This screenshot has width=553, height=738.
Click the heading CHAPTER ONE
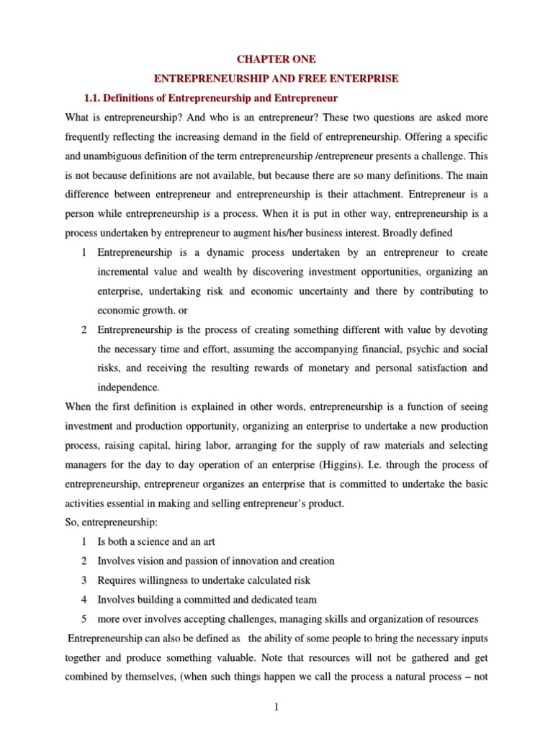[x=278, y=59]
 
